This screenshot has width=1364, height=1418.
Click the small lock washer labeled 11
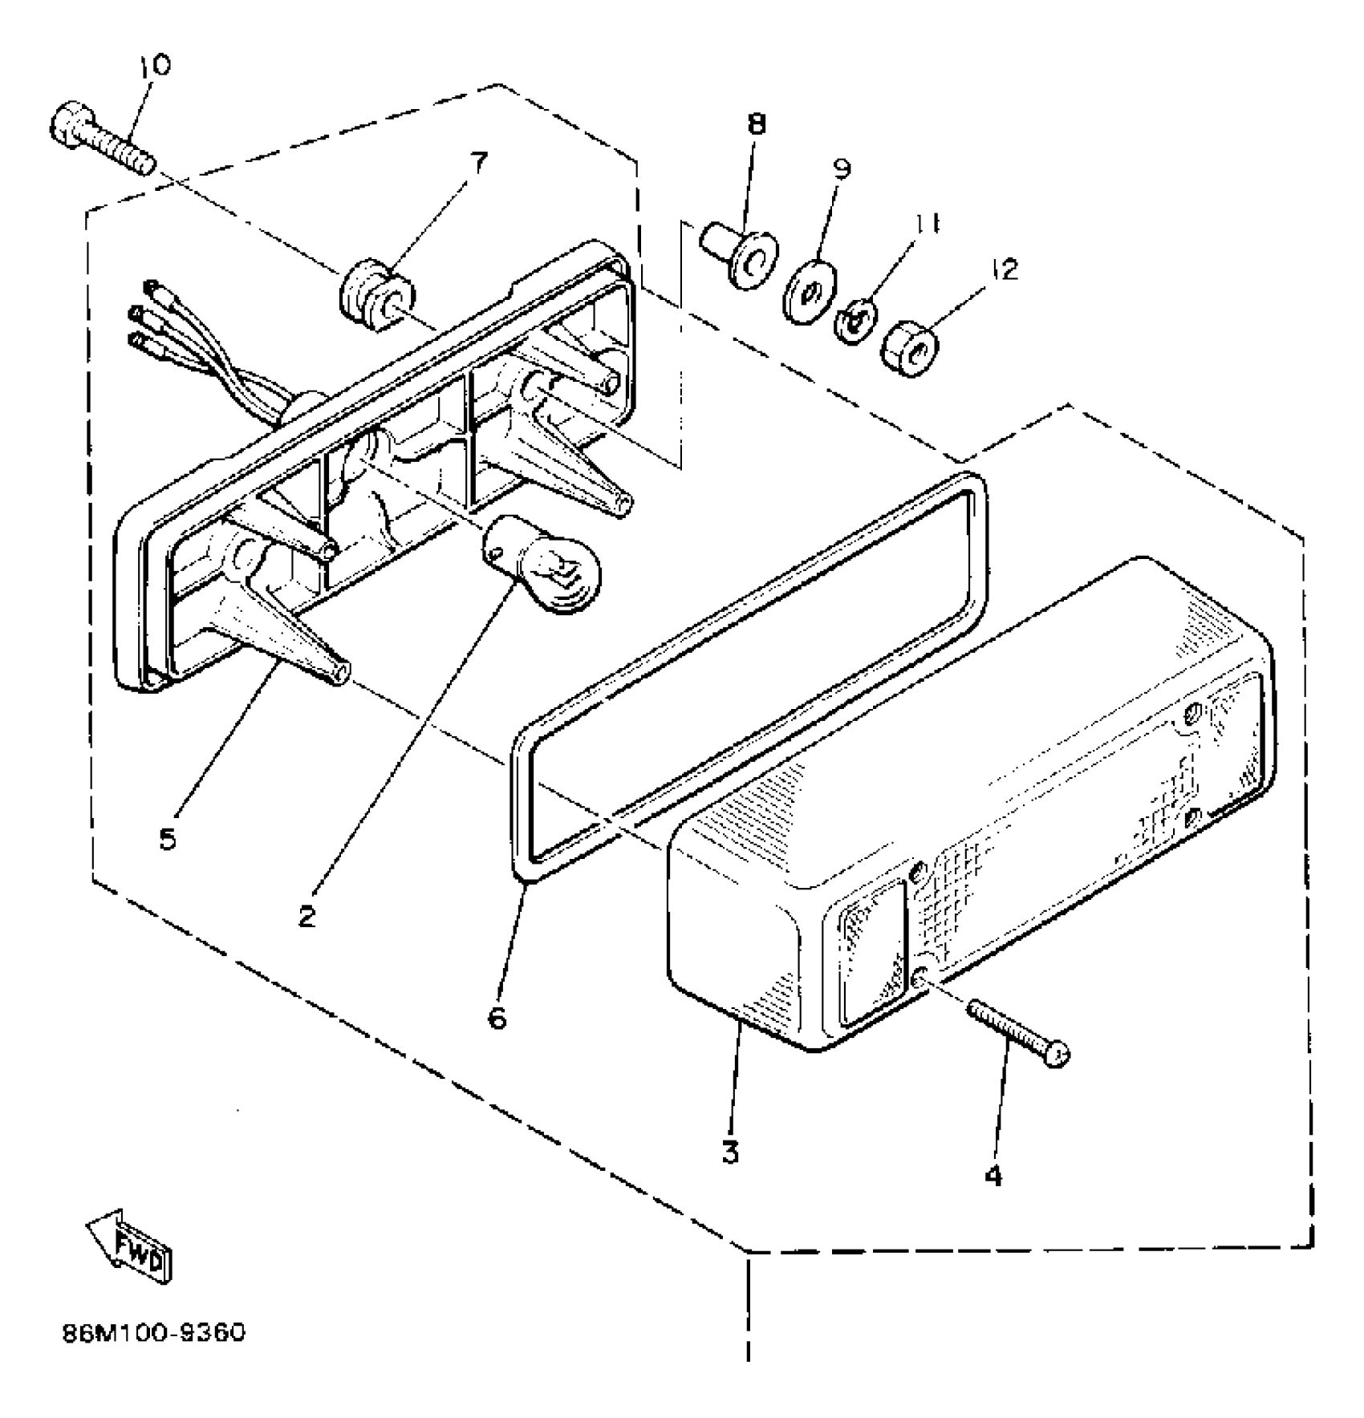(856, 321)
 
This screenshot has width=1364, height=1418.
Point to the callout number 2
(307, 915)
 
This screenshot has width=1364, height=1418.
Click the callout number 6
(497, 1018)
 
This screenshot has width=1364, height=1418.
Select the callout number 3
(729, 1153)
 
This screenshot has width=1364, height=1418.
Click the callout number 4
(993, 1176)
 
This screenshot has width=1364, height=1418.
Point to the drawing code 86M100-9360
(154, 1334)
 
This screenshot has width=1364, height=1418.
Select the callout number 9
(842, 169)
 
